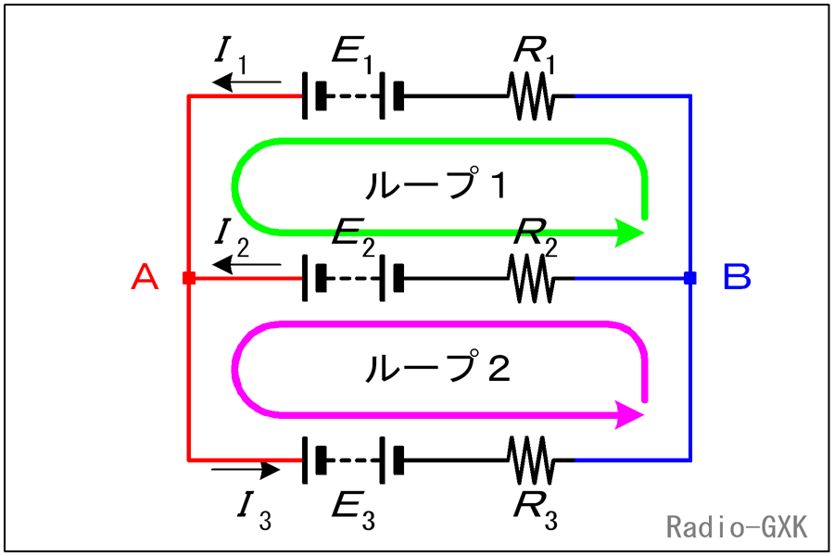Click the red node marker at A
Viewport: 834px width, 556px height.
tap(189, 278)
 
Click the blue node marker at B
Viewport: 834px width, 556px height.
tap(689, 278)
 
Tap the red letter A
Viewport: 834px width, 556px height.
tap(145, 277)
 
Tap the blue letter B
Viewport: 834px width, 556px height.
tap(737, 277)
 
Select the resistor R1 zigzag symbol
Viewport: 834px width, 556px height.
tap(531, 96)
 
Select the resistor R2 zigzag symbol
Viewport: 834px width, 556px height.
tap(531, 278)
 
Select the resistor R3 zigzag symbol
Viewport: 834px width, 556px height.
tap(531, 461)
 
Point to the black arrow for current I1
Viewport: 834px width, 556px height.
tap(246, 82)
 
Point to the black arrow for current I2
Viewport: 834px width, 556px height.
tap(246, 264)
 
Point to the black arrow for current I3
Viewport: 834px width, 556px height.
tap(246, 469)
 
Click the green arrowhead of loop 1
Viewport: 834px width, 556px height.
tap(628, 233)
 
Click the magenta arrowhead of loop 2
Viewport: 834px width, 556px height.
tap(628, 414)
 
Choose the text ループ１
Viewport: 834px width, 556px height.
tap(436, 184)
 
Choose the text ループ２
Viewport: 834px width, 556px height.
tap(437, 367)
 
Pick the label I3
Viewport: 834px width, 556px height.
tap(255, 512)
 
